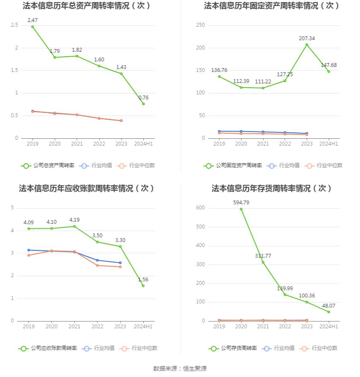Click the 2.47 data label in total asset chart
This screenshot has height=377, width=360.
(33, 20)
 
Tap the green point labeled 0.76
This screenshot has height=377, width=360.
(143, 104)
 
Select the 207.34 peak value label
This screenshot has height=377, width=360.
(307, 38)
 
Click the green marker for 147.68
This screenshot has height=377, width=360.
(329, 72)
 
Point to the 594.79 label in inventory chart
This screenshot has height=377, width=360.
(241, 202)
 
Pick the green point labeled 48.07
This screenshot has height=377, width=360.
(329, 312)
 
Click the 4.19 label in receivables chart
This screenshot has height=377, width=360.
(75, 220)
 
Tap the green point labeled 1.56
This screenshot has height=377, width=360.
(143, 286)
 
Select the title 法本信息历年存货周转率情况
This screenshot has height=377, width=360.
(272, 188)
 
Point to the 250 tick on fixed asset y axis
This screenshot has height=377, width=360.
(200, 25)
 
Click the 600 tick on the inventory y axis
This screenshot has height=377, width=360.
(200, 208)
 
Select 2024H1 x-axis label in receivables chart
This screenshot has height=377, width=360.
(143, 327)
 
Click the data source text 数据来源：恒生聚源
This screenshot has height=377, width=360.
(180, 369)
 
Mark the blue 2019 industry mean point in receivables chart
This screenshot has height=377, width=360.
(29, 250)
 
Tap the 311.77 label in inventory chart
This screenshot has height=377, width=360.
(263, 256)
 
